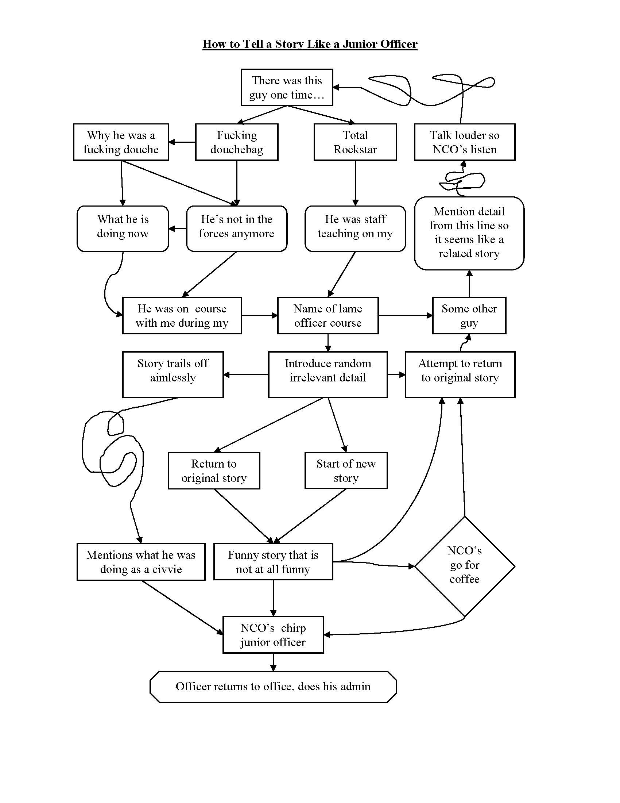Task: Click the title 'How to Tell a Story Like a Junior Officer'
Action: [310, 44]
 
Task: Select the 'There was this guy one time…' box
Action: [287, 88]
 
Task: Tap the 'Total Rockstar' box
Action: [355, 142]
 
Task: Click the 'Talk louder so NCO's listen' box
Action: [464, 142]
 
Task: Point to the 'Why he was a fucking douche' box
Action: [121, 142]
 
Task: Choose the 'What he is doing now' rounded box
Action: [123, 228]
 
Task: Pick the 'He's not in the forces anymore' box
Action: [237, 228]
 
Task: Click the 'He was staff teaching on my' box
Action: [355, 228]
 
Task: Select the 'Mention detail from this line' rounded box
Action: [469, 233]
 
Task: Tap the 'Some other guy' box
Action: [469, 315]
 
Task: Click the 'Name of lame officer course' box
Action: [328, 315]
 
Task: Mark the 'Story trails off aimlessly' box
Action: [173, 374]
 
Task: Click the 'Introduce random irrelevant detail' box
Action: [328, 374]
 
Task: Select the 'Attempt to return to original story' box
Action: [460, 374]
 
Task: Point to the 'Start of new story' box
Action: [346, 470]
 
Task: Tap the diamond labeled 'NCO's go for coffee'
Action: [464, 566]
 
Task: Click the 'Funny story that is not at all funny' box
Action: [273, 562]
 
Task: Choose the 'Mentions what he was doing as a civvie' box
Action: [141, 562]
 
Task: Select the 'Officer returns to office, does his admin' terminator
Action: [273, 687]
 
